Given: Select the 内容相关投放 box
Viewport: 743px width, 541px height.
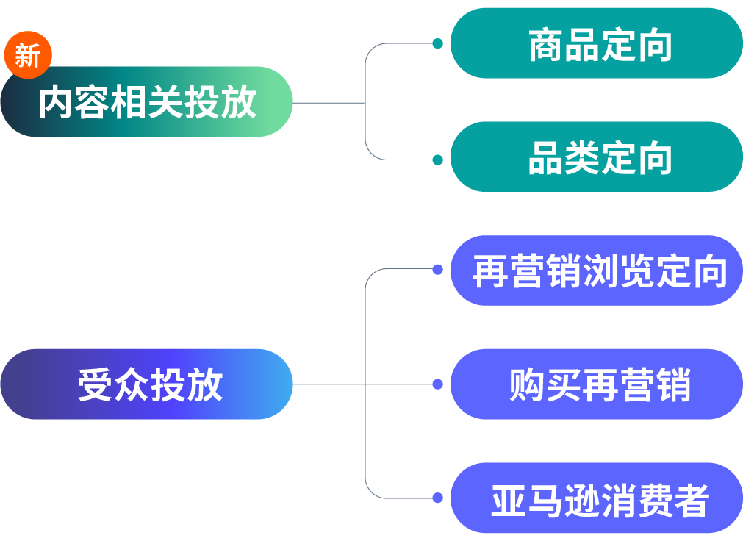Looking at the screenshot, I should click(147, 102).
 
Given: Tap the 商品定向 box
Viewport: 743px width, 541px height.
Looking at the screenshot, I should click(597, 44).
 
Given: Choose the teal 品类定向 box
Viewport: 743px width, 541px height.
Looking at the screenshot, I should click(597, 157).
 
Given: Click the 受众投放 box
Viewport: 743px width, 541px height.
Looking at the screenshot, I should click(147, 384).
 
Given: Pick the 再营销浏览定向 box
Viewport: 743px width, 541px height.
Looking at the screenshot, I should click(597, 270).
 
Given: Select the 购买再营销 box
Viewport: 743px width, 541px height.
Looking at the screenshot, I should click(597, 384).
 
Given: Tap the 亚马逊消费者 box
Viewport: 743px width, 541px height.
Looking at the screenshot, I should click(597, 498).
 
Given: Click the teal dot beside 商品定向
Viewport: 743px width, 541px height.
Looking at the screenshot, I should click(437, 44).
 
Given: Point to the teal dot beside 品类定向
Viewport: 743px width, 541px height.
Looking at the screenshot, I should click(437, 160).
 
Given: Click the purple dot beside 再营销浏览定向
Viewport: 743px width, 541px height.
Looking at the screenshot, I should click(437, 270).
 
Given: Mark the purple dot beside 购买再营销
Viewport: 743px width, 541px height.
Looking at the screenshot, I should click(437, 384).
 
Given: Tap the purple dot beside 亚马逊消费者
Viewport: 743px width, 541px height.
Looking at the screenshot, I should click(437, 498).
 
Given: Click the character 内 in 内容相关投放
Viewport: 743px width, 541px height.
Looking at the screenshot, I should click(57, 102).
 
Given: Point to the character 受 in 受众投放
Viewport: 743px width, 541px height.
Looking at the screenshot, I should click(96, 384).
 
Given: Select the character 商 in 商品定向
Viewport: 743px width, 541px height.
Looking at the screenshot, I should click(546, 46).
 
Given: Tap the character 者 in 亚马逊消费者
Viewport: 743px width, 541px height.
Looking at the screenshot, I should click(691, 500).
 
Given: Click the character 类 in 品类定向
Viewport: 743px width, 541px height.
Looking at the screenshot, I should click(582, 159).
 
